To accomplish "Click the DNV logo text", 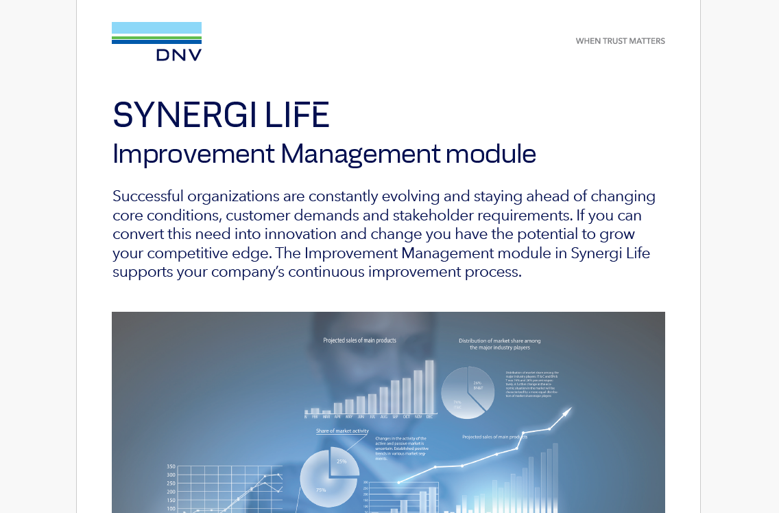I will pos(178,55).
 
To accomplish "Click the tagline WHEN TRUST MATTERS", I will pos(620,41).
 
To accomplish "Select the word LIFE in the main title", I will pos(298,115).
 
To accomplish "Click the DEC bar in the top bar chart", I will pos(429,386).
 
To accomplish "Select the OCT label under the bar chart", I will pos(407,416).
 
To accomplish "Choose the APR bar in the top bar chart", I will pos(337,408).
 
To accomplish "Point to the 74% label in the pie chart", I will pos(457,403).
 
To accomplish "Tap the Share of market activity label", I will pos(342,431).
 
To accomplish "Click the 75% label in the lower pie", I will pos(320,490).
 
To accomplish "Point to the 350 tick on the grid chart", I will pos(171,466).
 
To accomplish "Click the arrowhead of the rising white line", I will pos(567,412).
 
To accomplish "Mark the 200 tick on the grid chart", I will pos(171,492).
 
